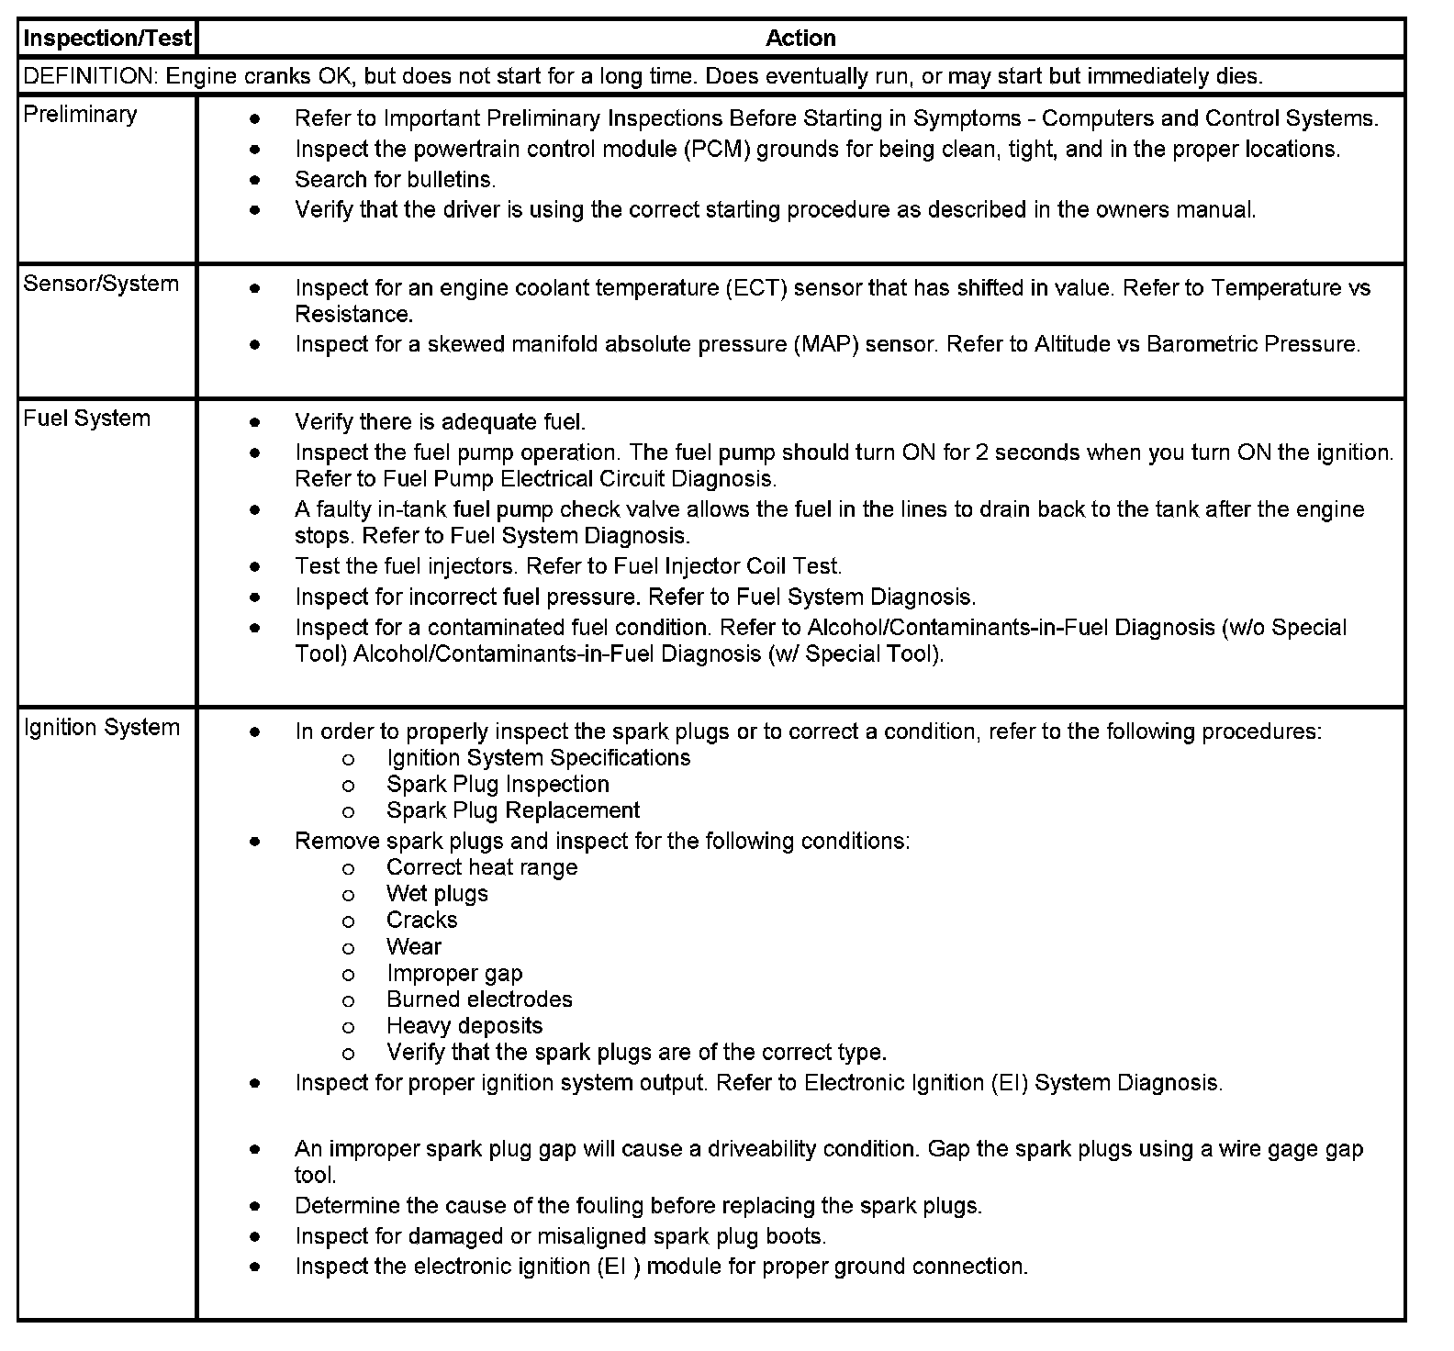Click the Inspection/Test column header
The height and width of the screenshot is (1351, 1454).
point(107,39)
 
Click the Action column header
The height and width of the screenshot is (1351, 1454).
point(800,39)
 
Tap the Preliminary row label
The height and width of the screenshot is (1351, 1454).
point(80,115)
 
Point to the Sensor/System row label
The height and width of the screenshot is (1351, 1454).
point(101,284)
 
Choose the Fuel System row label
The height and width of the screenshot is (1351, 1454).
point(86,419)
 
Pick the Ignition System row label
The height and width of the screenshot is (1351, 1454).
point(101,728)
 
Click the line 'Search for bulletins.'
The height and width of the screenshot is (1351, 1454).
point(395,179)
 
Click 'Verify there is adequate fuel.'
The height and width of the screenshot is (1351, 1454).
point(440,422)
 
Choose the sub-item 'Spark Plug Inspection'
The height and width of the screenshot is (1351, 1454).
point(498,785)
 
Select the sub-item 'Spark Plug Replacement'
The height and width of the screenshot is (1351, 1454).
point(513,811)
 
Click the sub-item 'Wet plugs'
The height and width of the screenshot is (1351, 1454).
point(437,894)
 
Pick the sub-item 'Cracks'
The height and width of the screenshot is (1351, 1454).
point(421,921)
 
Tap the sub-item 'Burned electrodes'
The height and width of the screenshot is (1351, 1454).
point(479,999)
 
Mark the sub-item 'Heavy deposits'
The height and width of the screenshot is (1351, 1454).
point(464,1026)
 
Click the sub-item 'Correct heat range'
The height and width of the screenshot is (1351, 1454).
point(482,867)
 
